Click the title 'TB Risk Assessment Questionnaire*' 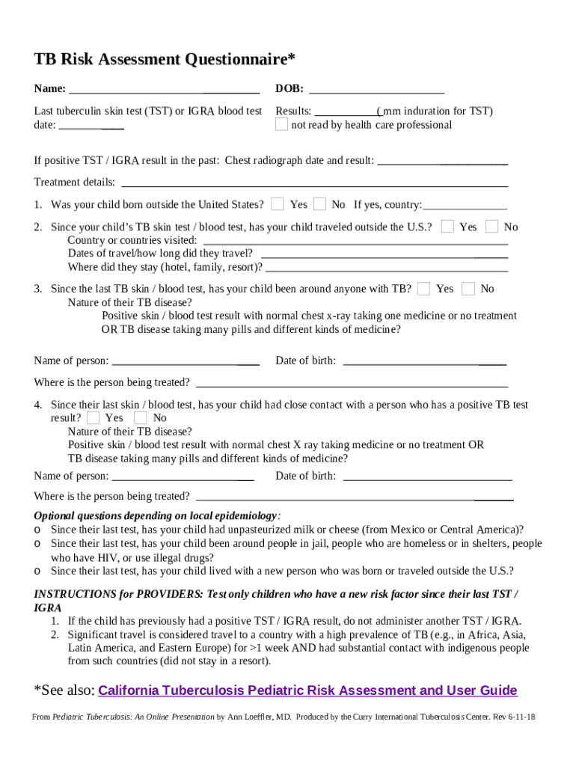[x=165, y=59]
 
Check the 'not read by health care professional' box [x=281, y=125]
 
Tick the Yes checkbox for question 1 [x=278, y=204]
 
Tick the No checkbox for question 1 [x=319, y=204]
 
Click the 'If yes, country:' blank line [x=465, y=205]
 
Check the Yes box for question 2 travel [x=447, y=227]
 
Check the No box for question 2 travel [x=491, y=227]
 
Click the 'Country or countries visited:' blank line [x=355, y=241]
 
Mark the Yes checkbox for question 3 [x=424, y=289]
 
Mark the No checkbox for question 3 [x=468, y=289]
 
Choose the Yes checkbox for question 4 [x=93, y=417]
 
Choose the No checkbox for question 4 [x=141, y=417]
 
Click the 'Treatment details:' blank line [x=314, y=183]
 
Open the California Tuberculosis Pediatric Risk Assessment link [x=307, y=690]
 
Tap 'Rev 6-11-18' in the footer [x=515, y=717]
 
